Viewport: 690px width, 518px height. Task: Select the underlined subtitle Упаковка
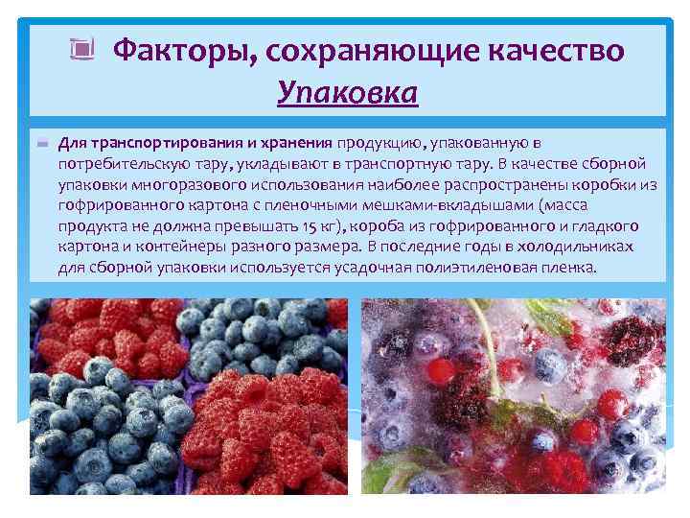tap(347, 93)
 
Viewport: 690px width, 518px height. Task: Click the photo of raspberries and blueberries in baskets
tap(188, 396)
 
